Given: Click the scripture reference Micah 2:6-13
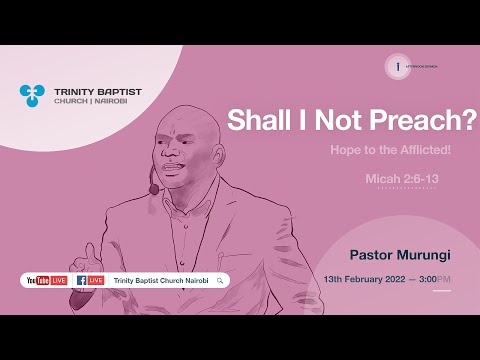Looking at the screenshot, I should [430, 179].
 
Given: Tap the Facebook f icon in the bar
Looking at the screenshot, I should [81, 281].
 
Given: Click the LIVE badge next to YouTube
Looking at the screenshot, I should [59, 281].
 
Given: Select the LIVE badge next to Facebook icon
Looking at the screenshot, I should [96, 281].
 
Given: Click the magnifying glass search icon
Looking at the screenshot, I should [219, 281].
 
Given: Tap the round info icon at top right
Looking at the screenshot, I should [397, 66].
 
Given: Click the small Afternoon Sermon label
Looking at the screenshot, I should [424, 66].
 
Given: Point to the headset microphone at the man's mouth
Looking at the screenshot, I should [154, 189].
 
